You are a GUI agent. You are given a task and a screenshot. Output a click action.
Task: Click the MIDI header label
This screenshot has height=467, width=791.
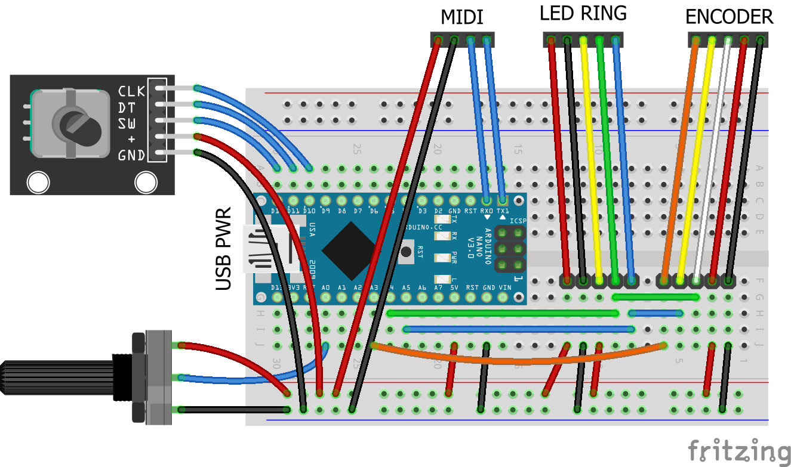click(461, 17)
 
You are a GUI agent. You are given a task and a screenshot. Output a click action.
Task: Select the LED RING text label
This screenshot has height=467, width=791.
click(583, 14)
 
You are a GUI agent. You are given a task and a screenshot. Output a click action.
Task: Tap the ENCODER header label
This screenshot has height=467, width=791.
click(729, 17)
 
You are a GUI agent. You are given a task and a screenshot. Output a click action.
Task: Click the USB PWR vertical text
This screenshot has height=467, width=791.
click(223, 249)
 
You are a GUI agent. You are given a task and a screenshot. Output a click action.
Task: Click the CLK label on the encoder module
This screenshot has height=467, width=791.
click(131, 91)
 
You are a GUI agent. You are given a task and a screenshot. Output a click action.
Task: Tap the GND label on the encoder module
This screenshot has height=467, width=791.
click(131, 156)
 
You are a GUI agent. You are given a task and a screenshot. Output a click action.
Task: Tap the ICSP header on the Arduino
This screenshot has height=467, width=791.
click(511, 249)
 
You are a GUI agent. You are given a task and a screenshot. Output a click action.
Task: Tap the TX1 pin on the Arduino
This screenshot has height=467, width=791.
click(503, 200)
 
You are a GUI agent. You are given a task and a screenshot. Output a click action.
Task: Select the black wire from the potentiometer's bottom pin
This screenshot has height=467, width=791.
click(233, 410)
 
